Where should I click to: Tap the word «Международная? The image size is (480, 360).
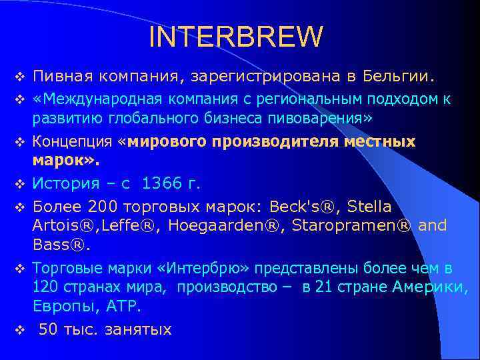89,100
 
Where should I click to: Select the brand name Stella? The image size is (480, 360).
369,205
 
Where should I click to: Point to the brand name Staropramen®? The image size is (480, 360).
351,225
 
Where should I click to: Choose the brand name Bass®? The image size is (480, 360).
61,245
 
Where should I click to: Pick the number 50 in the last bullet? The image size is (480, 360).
49,329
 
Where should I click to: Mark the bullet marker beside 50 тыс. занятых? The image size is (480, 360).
19,330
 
